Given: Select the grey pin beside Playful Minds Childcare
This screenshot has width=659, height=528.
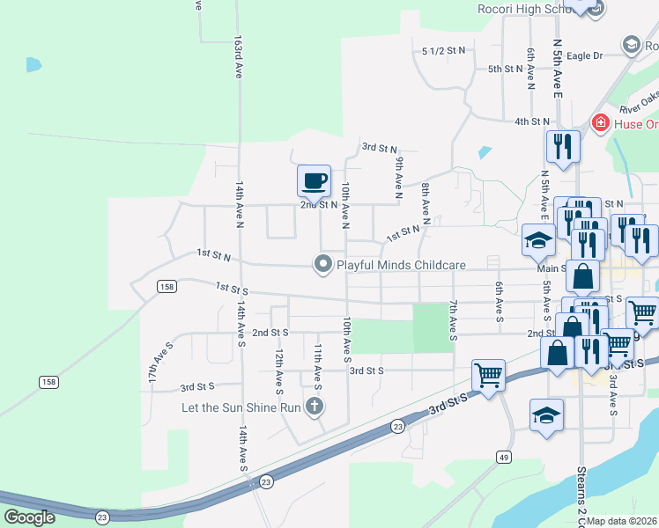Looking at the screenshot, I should pyautogui.click(x=324, y=263).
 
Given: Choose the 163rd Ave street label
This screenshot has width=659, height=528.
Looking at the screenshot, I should pyautogui.click(x=238, y=57).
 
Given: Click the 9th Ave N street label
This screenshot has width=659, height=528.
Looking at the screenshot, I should pyautogui.click(x=398, y=176).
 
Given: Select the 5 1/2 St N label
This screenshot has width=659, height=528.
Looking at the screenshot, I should pyautogui.click(x=443, y=52).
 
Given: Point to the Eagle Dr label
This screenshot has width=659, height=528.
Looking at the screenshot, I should pyautogui.click(x=584, y=56).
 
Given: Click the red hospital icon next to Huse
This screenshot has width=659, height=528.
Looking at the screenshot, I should pyautogui.click(x=601, y=123).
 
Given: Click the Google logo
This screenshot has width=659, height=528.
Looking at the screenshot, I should pyautogui.click(x=29, y=517).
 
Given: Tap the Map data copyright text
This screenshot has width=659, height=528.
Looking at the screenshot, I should pyautogui.click(x=622, y=521).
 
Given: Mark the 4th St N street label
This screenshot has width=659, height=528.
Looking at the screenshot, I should pyautogui.click(x=532, y=121).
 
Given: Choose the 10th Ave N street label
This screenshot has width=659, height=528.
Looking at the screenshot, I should pyautogui.click(x=346, y=202).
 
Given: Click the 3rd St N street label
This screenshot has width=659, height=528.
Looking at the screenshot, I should pyautogui.click(x=380, y=149).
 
